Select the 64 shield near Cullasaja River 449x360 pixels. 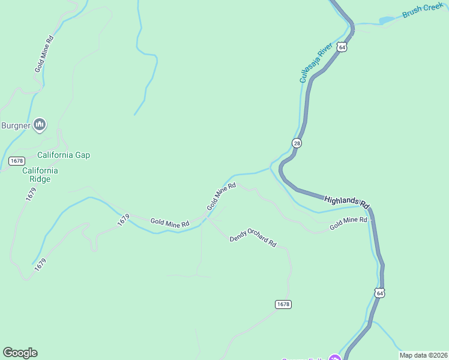pos(342,47)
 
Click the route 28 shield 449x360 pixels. pos(297,143)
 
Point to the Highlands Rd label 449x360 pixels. pos(346,202)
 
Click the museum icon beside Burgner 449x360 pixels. pos(40,125)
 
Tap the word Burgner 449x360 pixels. pos(16,125)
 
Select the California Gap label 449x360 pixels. pos(64,155)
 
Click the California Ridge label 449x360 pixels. pos(40,175)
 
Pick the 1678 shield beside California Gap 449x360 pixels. pos(17,161)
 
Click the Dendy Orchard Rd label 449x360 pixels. pos(253,238)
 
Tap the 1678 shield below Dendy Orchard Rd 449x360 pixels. pos(283,304)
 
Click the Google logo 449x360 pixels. pos(20,352)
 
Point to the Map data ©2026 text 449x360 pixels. pos(423,355)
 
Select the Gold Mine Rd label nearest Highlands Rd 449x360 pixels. pos(348,223)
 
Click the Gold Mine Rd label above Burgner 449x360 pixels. pos(44,55)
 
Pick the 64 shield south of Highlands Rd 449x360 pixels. pos(379,293)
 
